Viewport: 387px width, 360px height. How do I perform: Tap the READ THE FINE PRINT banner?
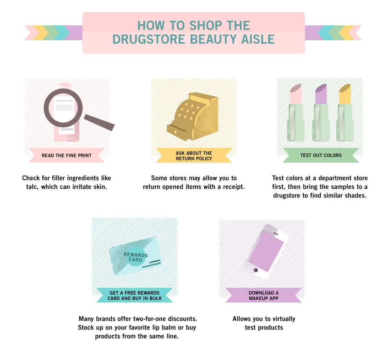(x=67, y=156)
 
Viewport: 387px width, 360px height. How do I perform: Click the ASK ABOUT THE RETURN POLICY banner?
(x=194, y=156)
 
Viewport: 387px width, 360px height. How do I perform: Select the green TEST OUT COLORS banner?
(x=321, y=155)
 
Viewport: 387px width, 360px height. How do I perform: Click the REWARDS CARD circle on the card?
(x=136, y=257)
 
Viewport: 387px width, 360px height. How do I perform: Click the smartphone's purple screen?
(x=266, y=250)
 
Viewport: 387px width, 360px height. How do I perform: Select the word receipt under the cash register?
(x=231, y=187)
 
